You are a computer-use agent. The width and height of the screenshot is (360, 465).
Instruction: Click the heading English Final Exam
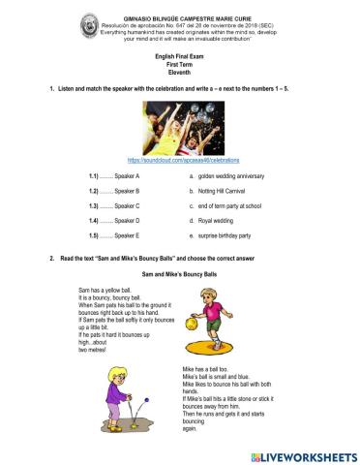(x=179, y=57)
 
